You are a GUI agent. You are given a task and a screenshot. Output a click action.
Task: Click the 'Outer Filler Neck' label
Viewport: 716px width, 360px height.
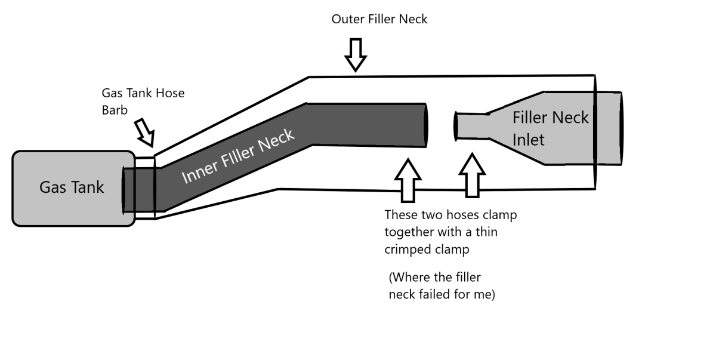pyautogui.click(x=379, y=19)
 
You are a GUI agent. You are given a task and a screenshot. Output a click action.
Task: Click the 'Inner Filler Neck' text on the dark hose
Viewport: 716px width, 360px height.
pyautogui.click(x=237, y=156)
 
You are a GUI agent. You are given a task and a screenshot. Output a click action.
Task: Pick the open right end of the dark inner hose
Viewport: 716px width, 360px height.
pyautogui.click(x=425, y=124)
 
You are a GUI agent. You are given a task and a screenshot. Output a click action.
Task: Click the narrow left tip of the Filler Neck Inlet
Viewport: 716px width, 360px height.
pyautogui.click(x=457, y=126)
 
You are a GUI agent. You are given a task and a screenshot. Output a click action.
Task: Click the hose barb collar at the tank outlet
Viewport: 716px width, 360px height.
pyautogui.click(x=144, y=187)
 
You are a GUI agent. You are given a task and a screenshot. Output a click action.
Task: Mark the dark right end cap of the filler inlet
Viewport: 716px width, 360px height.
pyautogui.click(x=621, y=129)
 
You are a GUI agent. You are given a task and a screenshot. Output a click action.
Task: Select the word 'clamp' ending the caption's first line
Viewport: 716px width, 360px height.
pyautogui.click(x=507, y=215)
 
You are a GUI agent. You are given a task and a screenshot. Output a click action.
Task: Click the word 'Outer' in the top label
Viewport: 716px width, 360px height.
pyautogui.click(x=347, y=19)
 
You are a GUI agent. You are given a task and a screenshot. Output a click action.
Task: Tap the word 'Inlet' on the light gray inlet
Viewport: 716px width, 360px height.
pyautogui.click(x=529, y=140)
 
